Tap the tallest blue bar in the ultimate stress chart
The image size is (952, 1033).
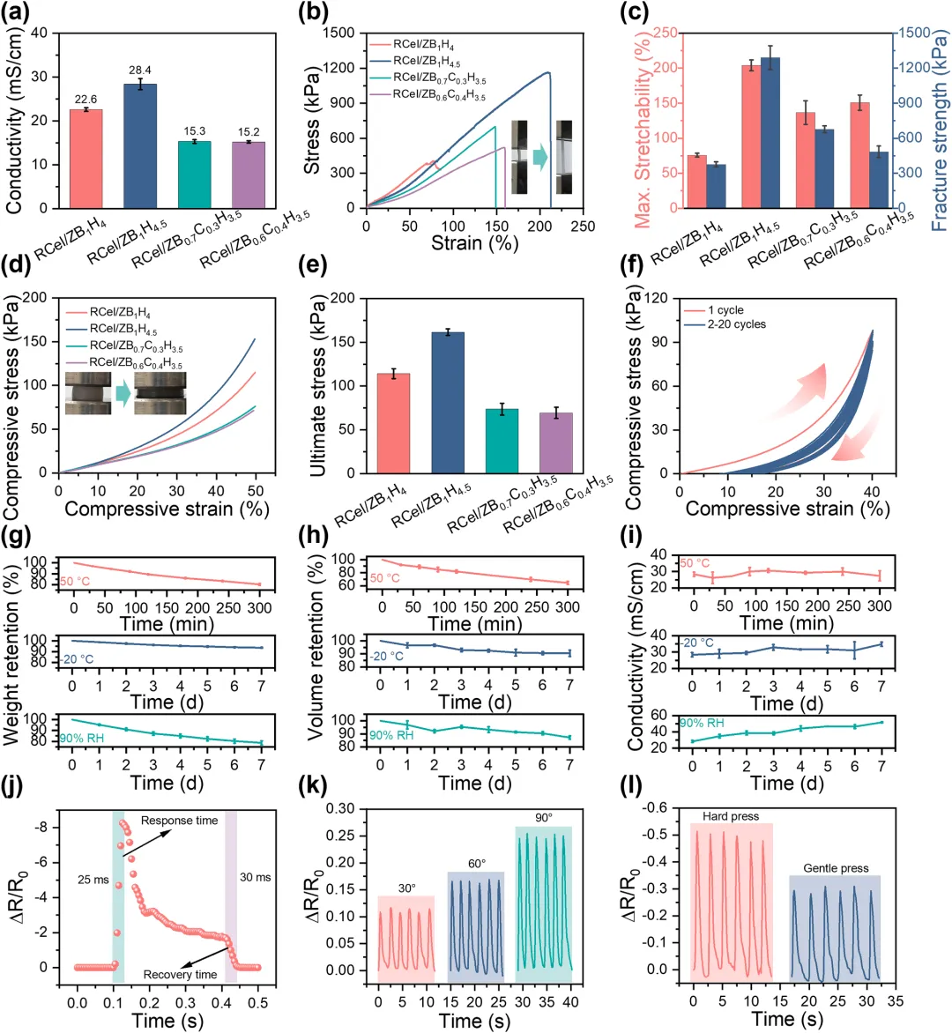(x=447, y=402)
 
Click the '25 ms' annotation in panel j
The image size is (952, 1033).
(x=93, y=880)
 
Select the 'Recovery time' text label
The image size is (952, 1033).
(x=180, y=975)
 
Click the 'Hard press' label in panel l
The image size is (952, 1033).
(x=731, y=816)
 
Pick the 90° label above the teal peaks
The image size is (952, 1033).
(x=543, y=818)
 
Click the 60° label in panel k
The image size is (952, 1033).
(x=476, y=864)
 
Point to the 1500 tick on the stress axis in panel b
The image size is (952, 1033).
(x=338, y=33)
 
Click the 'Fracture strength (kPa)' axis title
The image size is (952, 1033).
(x=940, y=121)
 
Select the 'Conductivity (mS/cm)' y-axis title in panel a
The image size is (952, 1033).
(x=14, y=121)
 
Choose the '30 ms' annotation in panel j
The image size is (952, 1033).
(x=256, y=877)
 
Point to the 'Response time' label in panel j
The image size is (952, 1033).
(x=179, y=821)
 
